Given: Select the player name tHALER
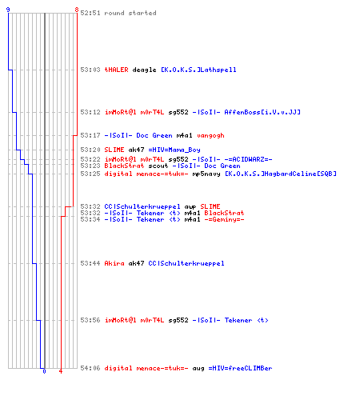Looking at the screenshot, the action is [x=116, y=70].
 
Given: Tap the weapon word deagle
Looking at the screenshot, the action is [x=144, y=70].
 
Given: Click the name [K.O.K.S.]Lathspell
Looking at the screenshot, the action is [x=198, y=70].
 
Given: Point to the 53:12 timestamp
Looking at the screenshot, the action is [x=90, y=112].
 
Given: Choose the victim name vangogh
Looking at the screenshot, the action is [x=210, y=136].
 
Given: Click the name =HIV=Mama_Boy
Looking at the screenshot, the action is [x=174, y=150].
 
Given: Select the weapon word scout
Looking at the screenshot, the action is [x=158, y=166].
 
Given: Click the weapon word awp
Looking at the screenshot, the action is [x=190, y=207].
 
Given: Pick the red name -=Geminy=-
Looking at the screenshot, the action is [x=224, y=219].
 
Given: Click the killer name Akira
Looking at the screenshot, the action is [x=114, y=263].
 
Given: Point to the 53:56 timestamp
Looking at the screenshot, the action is [x=90, y=320].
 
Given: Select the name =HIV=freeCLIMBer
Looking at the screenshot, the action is [x=240, y=368].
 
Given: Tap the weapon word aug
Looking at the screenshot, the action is [x=198, y=369].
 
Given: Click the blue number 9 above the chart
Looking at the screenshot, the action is [x=8, y=10].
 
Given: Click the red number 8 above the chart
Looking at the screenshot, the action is [x=77, y=10].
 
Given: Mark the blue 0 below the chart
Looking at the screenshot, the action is [x=44, y=371].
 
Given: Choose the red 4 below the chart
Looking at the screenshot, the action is [x=61, y=371].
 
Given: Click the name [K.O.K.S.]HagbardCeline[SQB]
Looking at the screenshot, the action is [x=281, y=174].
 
